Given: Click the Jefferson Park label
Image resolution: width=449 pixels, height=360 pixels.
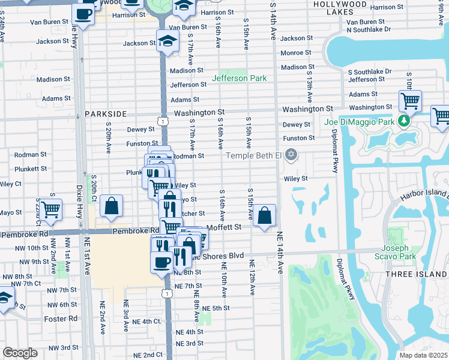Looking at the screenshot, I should coord(239,79).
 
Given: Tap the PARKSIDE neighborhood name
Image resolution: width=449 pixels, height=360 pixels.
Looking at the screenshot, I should coord(106,113).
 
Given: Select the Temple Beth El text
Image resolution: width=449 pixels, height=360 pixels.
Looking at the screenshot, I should coord(253,156).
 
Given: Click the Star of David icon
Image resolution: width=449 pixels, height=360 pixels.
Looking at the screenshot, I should coord(291,155).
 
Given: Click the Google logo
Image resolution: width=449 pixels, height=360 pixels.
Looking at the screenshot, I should coord(20,353).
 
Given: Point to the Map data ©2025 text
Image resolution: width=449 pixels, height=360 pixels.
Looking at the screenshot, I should coord(424,355).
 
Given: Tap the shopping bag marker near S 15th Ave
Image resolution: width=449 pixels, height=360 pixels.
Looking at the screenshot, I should coord(264,215).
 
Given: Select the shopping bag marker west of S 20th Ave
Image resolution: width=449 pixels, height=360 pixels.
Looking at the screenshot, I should coord(112,206).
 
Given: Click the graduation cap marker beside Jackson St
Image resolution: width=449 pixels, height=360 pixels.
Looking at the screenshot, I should coord(168,41).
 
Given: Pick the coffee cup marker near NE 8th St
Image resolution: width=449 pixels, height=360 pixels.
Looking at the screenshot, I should coord(162,262).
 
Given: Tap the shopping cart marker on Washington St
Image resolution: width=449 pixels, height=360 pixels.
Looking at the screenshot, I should coord(410,101).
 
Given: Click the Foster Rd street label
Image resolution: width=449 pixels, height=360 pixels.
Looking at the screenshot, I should coord(65,319).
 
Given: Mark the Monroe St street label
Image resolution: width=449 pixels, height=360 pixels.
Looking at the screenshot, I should coord(295,53).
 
